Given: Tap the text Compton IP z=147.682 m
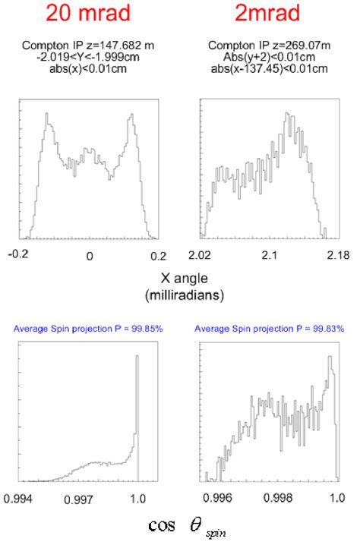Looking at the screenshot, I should [x=90, y=47].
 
